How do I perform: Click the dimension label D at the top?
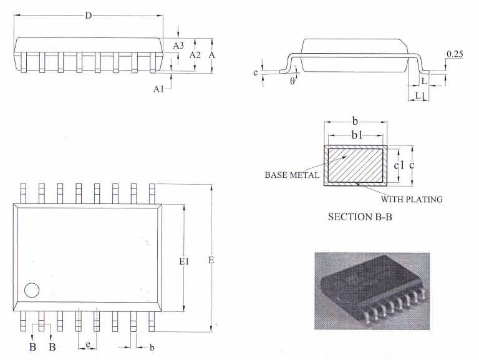pyautogui.click(x=89, y=16)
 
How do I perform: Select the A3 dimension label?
pyautogui.click(x=178, y=46)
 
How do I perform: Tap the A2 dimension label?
pyautogui.click(x=195, y=55)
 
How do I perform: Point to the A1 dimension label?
pyautogui.click(x=159, y=89)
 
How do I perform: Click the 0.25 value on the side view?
pyautogui.click(x=455, y=55)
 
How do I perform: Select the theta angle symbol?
pyautogui.click(x=292, y=81)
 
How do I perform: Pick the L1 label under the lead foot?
pyautogui.click(x=420, y=95)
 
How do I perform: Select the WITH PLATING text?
pyautogui.click(x=412, y=200)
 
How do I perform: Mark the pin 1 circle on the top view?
pyautogui.click(x=31, y=290)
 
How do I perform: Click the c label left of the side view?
pyautogui.click(x=256, y=72)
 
